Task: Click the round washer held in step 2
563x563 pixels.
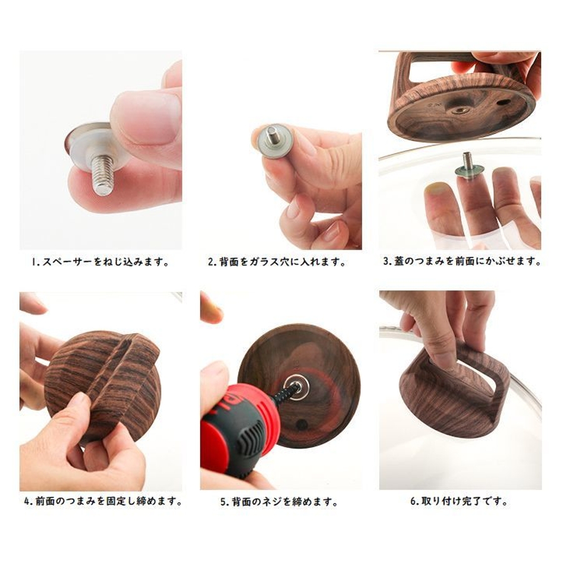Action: point(273,141)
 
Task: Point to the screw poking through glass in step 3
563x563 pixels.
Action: point(468,161)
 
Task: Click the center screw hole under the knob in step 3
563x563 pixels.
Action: point(460,110)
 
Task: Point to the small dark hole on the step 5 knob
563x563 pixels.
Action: point(300,424)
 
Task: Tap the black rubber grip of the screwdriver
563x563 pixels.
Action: point(250,436)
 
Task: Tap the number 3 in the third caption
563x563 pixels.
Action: point(386,261)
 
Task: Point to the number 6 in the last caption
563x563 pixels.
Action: point(413,500)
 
